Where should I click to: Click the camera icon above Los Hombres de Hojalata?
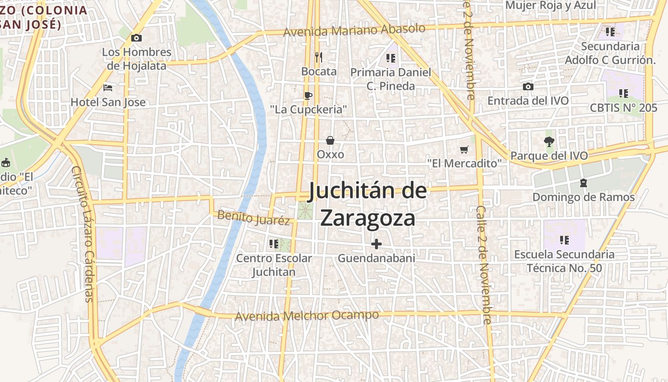(x=136, y=38)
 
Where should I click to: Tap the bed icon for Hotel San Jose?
(x=108, y=88)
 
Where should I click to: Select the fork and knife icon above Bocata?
(x=319, y=57)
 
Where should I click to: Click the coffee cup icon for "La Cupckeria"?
(x=308, y=95)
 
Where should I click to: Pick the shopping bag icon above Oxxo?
(x=330, y=140)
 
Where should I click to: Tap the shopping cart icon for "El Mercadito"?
(x=464, y=149)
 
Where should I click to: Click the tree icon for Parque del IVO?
(x=549, y=141)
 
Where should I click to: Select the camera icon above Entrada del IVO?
(x=528, y=86)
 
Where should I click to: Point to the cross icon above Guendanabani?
(x=376, y=244)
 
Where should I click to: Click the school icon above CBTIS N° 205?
(x=623, y=93)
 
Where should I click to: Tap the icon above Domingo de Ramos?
(x=583, y=183)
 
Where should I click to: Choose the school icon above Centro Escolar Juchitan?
(x=274, y=244)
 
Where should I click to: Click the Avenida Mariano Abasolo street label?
(x=354, y=30)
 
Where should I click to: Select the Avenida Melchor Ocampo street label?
(x=307, y=316)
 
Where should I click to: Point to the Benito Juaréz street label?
(x=253, y=218)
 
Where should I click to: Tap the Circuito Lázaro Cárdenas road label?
(x=83, y=234)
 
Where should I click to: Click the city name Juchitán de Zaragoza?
(x=367, y=204)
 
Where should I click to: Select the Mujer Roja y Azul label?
(x=550, y=5)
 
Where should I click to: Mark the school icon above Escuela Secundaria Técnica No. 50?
(x=564, y=240)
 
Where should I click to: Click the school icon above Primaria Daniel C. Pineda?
(x=391, y=58)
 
